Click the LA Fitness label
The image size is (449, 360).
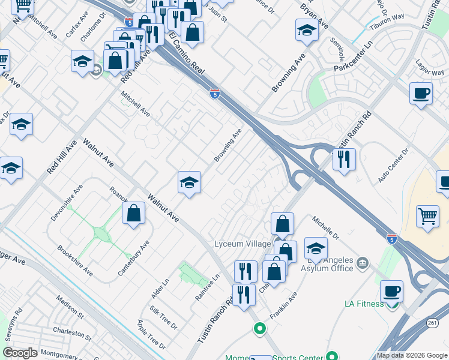pyautogui.click(x=364, y=304)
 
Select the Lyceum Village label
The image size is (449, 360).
pyautogui.click(x=241, y=244)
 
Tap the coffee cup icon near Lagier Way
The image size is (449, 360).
pyautogui.click(x=421, y=94)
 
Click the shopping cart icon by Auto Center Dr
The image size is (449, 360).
pyautogui.click(x=427, y=217)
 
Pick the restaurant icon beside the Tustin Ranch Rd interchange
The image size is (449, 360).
pyautogui.click(x=344, y=160)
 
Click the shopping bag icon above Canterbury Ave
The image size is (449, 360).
pyautogui.click(x=133, y=213)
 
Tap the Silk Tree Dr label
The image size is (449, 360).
pyautogui.click(x=164, y=317)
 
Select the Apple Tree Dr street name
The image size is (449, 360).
pyautogui.click(x=151, y=335)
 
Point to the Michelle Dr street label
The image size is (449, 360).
pyautogui.click(x=325, y=227)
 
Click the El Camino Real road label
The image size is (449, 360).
pyautogui.click(x=187, y=53)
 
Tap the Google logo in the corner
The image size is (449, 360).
pyautogui.click(x=20, y=353)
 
